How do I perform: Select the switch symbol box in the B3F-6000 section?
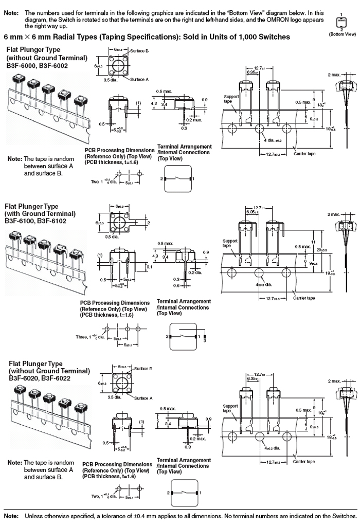click(177, 178)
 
